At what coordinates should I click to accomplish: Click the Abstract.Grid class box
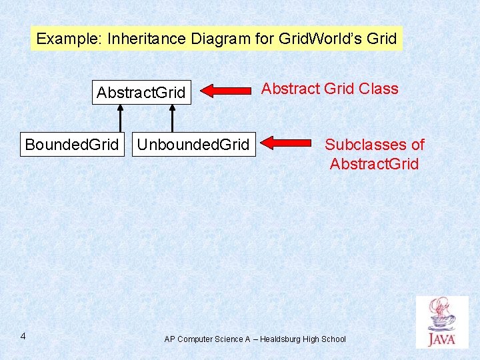coord(141,92)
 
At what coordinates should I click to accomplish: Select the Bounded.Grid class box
coord(72,144)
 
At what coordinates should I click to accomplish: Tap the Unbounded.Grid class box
coord(193,144)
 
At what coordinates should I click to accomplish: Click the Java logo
coord(442,322)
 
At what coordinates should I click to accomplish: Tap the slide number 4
coord(23,335)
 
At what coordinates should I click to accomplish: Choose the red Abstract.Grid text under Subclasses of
coord(374,163)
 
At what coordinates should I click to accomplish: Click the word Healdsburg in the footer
coord(280,339)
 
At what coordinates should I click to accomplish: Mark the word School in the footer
coord(333,339)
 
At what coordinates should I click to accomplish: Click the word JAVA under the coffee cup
coord(442,339)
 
